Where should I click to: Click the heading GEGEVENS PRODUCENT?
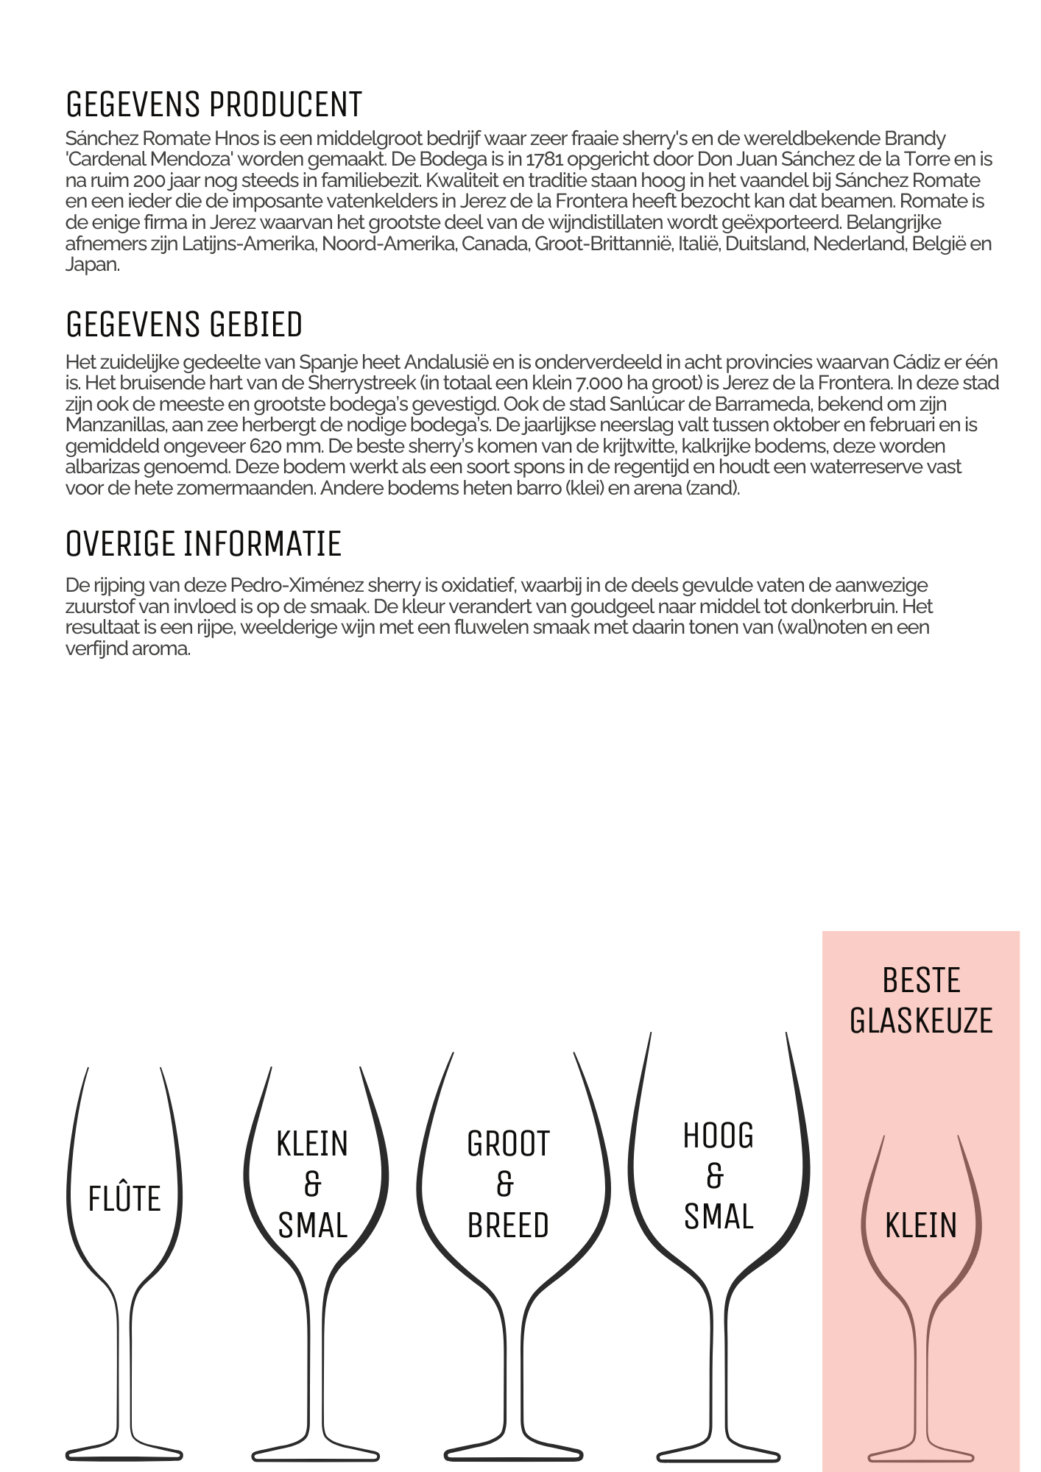(x=214, y=105)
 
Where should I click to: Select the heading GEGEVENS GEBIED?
(x=184, y=325)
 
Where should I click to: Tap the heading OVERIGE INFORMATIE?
(x=203, y=544)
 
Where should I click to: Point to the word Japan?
(x=91, y=265)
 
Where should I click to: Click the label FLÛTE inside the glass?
(x=124, y=1199)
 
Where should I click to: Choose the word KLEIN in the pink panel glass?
(x=921, y=1226)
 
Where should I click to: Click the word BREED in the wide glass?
(x=508, y=1226)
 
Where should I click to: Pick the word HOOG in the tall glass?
(x=719, y=1136)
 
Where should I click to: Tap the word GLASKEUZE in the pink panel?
(x=921, y=1021)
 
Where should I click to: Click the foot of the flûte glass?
(x=124, y=1454)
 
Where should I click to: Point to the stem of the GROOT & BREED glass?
(x=515, y=1369)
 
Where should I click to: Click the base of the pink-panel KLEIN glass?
(x=921, y=1457)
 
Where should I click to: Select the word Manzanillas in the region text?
(x=116, y=425)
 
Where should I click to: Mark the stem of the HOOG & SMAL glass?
(x=719, y=1369)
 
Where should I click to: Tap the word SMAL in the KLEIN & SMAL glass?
(x=313, y=1226)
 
